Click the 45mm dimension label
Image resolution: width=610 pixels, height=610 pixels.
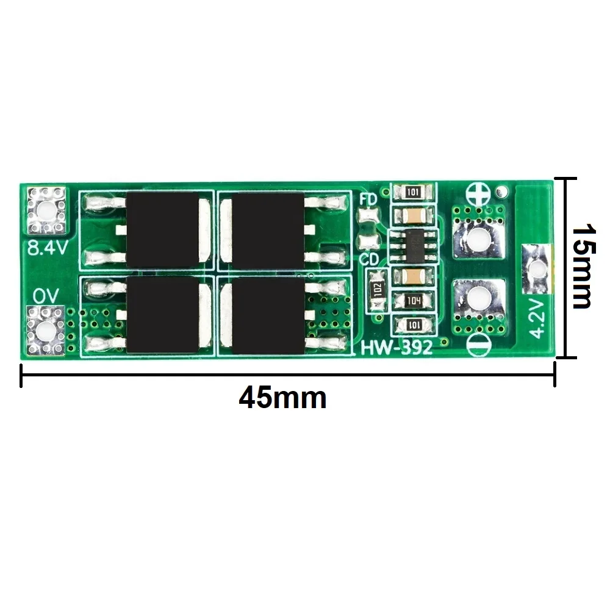point(282,398)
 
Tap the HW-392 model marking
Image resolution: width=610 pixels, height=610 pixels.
point(397,348)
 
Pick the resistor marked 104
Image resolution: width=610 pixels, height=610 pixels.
point(414,300)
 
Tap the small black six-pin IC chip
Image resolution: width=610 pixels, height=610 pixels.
point(414,245)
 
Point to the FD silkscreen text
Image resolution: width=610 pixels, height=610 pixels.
point(368,199)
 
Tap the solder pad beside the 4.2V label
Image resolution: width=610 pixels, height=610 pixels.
point(537,268)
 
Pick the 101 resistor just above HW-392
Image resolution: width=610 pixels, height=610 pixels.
point(414,324)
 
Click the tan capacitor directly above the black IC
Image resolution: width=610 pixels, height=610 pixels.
point(414,215)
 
